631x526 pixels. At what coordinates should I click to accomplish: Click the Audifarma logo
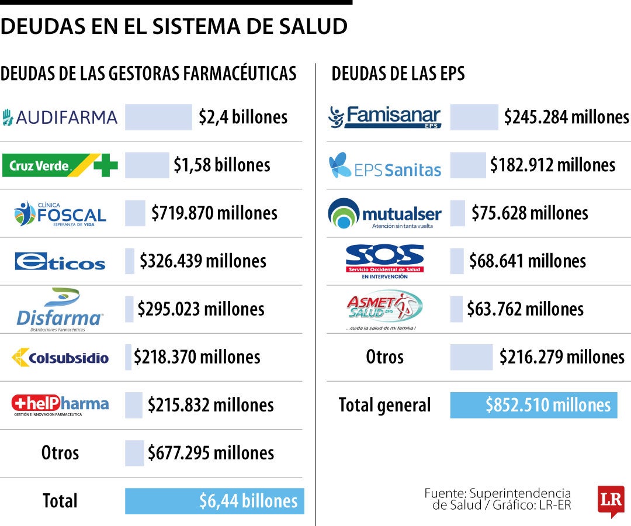[60, 117]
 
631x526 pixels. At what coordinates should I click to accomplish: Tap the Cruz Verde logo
[60, 165]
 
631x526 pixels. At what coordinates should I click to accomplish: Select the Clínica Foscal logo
[60, 214]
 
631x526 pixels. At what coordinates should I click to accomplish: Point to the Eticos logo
[60, 261]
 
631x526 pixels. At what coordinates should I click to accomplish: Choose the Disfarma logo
[60, 310]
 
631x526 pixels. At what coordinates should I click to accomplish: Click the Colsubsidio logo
[60, 357]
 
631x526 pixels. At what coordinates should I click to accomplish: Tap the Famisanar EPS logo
[385, 117]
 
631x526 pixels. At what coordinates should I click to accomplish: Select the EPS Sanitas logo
[385, 165]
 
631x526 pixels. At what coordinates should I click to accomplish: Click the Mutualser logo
[385, 214]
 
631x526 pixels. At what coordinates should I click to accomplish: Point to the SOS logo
[385, 261]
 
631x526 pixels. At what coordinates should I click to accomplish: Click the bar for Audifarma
[158, 117]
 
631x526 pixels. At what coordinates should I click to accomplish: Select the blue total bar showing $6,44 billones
[214, 501]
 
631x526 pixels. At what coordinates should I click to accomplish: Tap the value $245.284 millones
[566, 117]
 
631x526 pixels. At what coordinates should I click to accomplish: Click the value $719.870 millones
[214, 213]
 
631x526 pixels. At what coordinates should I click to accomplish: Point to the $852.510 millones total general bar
[533, 405]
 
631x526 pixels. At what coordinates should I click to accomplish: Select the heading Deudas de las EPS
[398, 74]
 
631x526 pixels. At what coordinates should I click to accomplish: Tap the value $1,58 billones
[222, 165]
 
